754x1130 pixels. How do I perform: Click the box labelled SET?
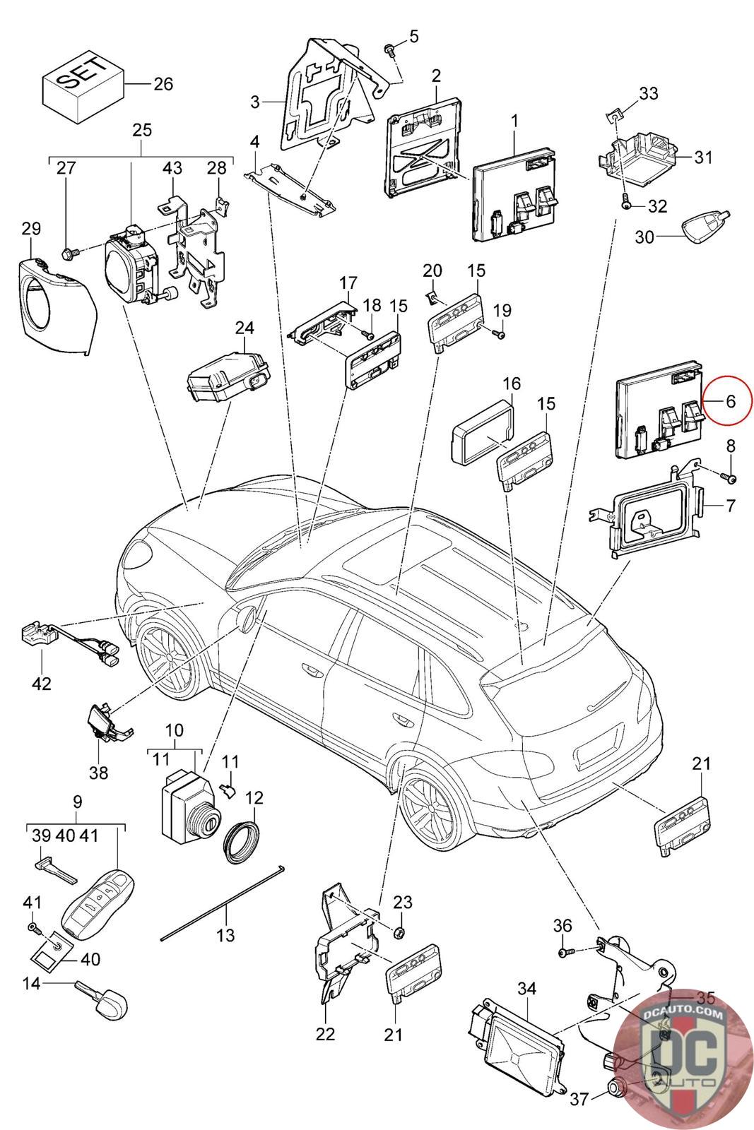(x=83, y=88)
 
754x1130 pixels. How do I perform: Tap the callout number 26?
(x=163, y=84)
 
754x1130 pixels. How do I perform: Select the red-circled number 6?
(x=730, y=401)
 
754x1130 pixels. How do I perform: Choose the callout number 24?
(x=245, y=328)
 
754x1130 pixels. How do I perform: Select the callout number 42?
(x=42, y=684)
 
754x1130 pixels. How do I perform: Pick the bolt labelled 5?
(x=390, y=49)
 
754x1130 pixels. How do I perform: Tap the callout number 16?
(x=511, y=383)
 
